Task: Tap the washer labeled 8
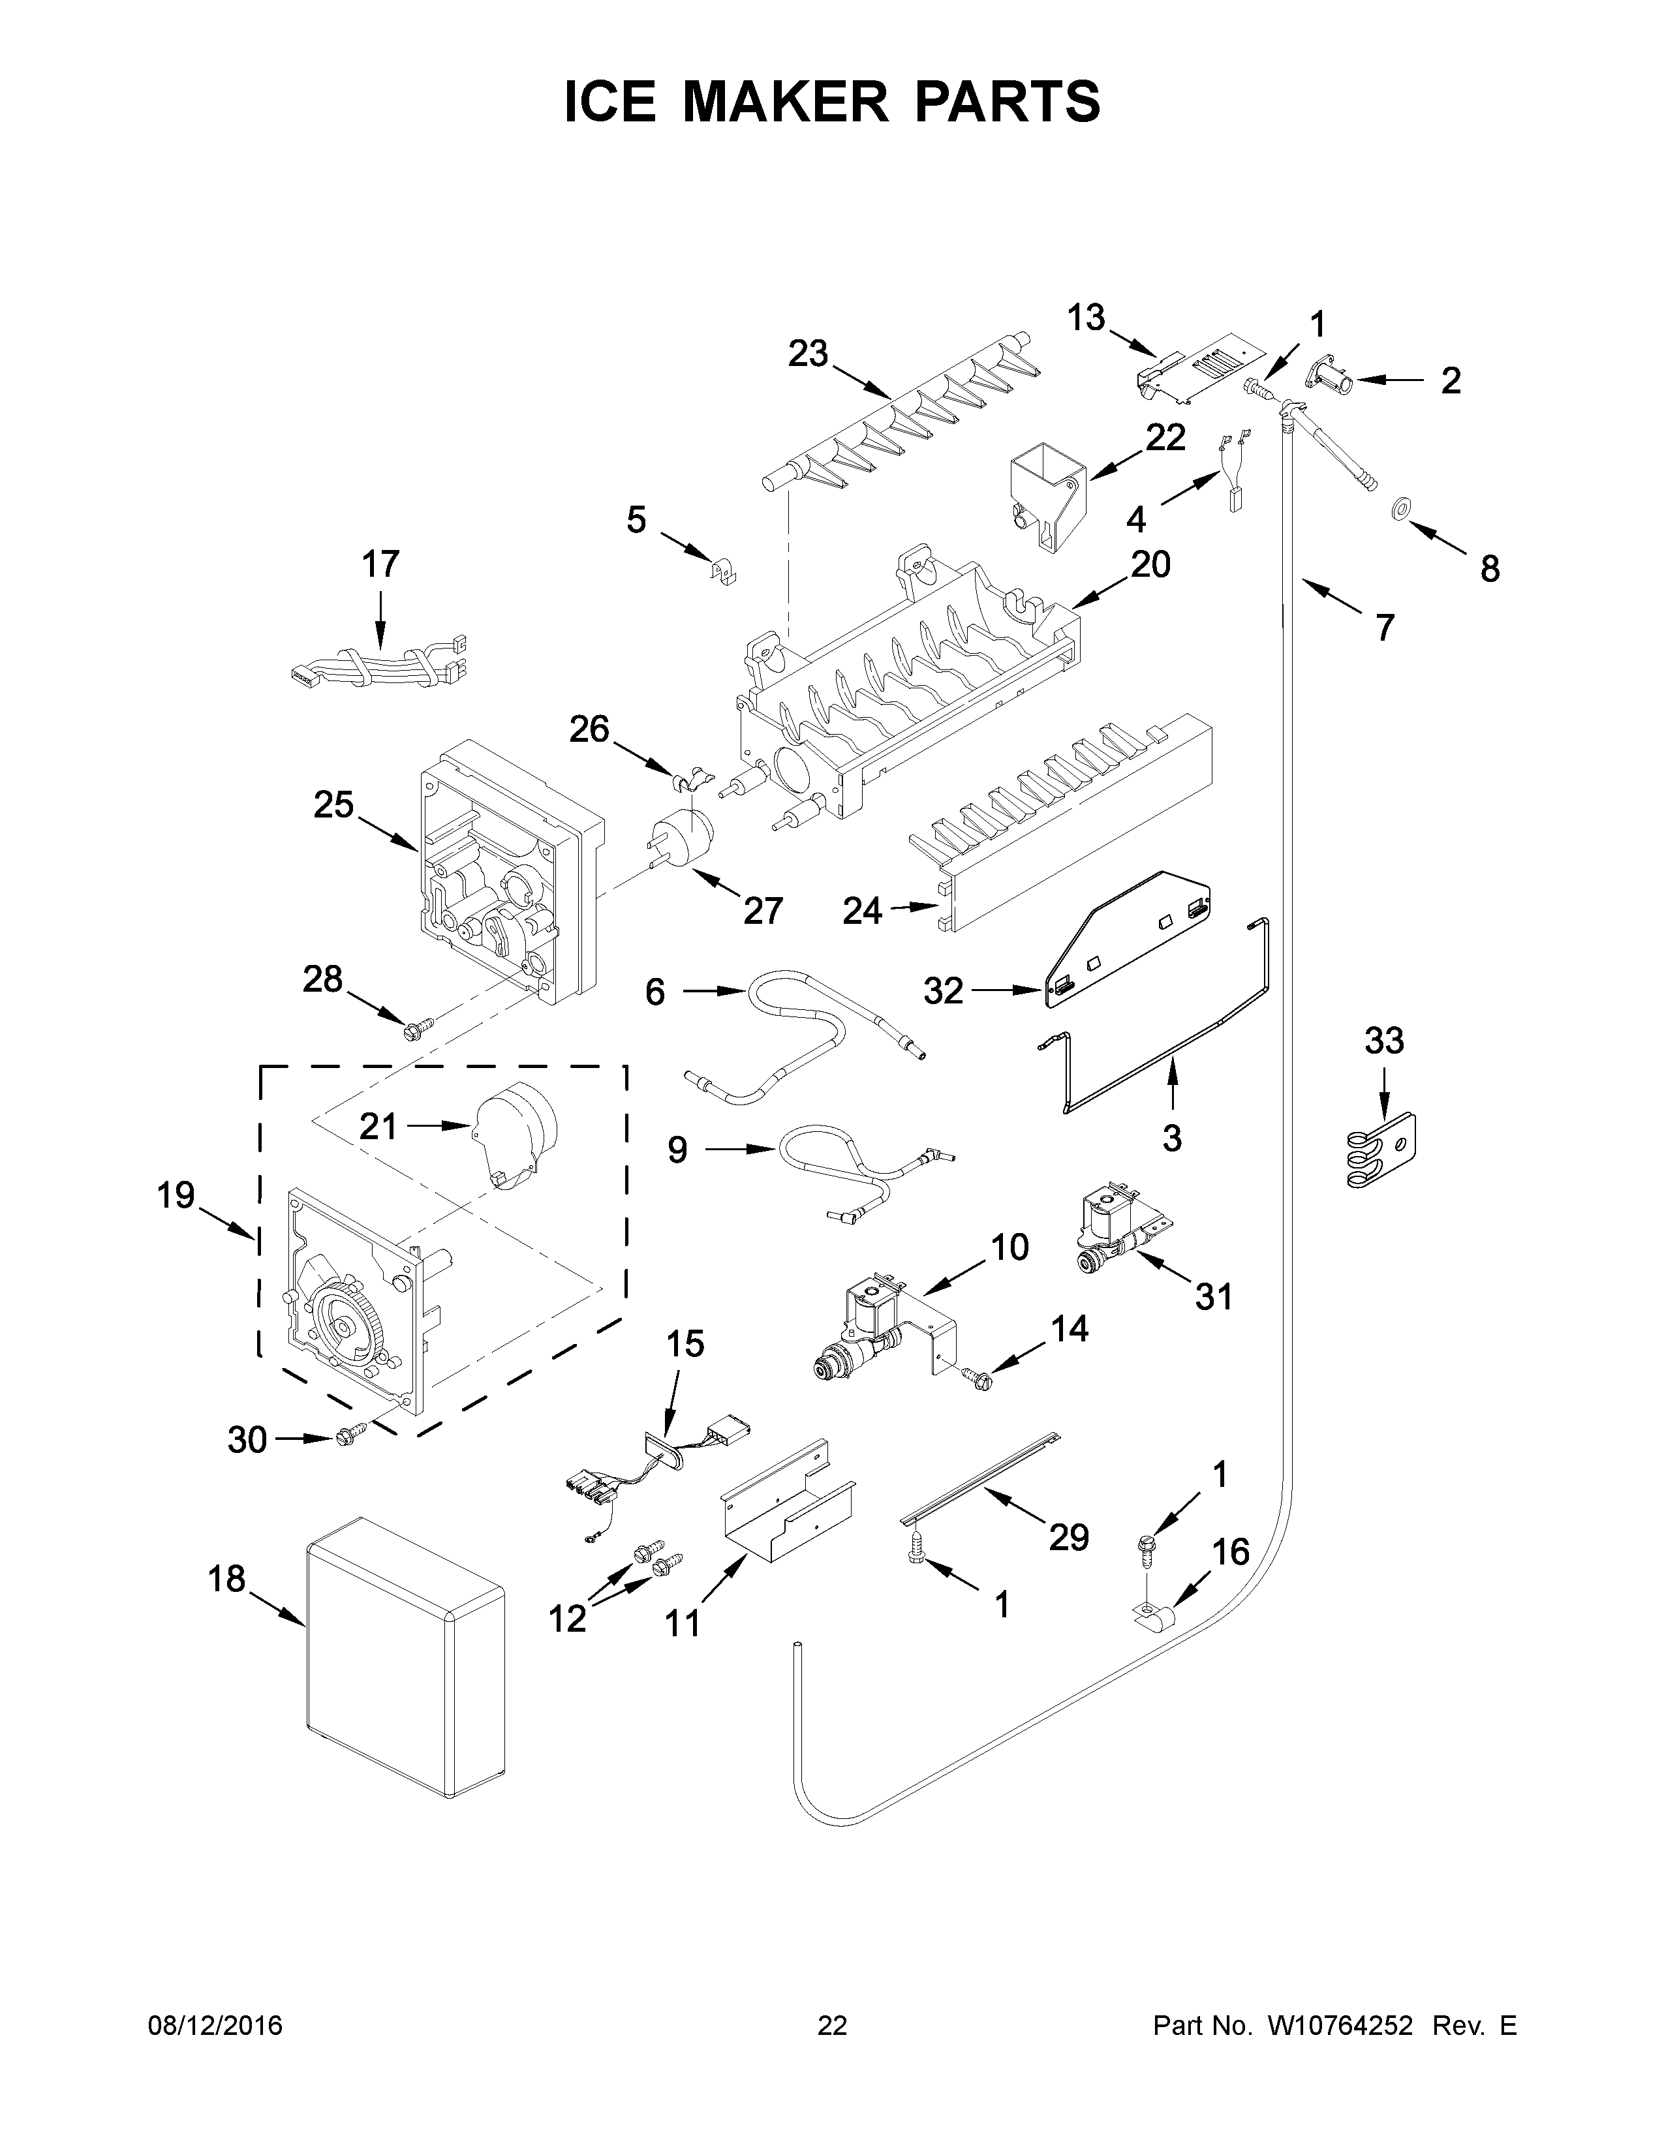(x=1397, y=510)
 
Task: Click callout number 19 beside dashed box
(x=176, y=1196)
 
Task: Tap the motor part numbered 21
(x=514, y=1136)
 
